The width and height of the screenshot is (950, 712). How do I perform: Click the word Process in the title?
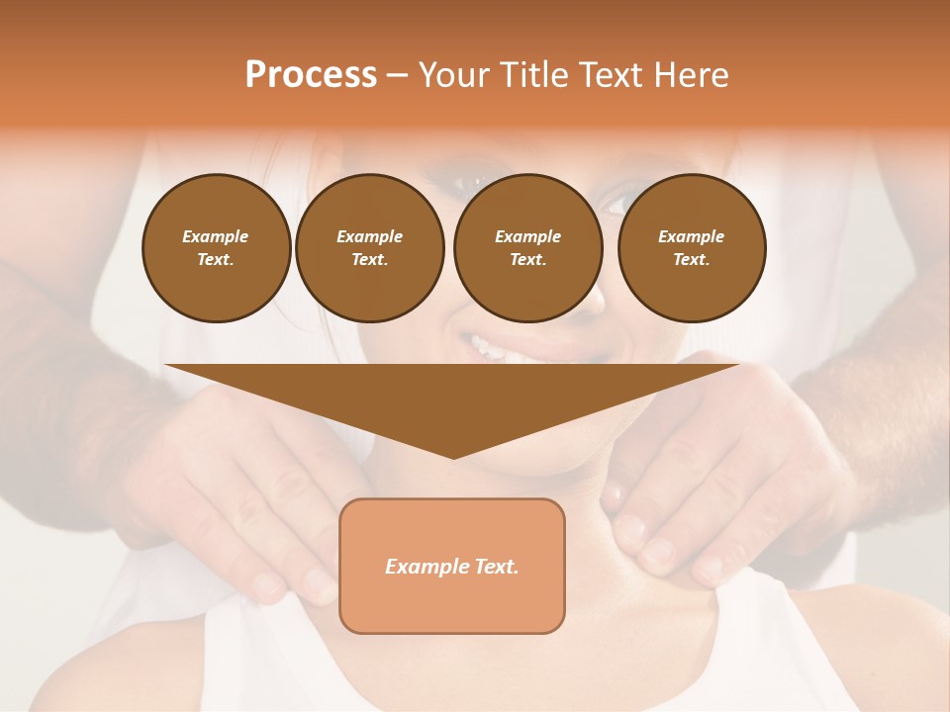[311, 74]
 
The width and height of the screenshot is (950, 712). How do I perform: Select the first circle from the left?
[217, 248]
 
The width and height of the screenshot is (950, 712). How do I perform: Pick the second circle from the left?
[370, 248]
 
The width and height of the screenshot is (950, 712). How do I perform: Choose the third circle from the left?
[528, 248]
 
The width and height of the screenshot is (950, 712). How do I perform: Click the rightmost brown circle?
[692, 248]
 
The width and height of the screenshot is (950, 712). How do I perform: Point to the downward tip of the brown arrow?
[453, 457]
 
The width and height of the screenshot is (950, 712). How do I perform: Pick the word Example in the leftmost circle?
[216, 236]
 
